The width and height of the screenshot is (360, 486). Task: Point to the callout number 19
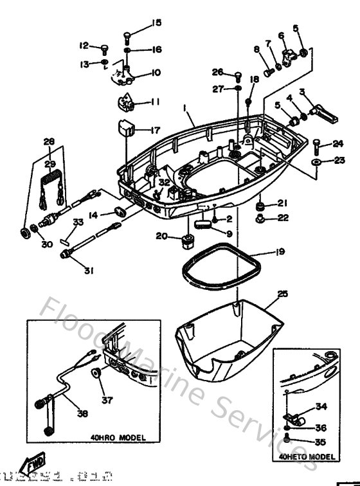point(280,253)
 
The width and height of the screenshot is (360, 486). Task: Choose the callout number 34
point(321,407)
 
